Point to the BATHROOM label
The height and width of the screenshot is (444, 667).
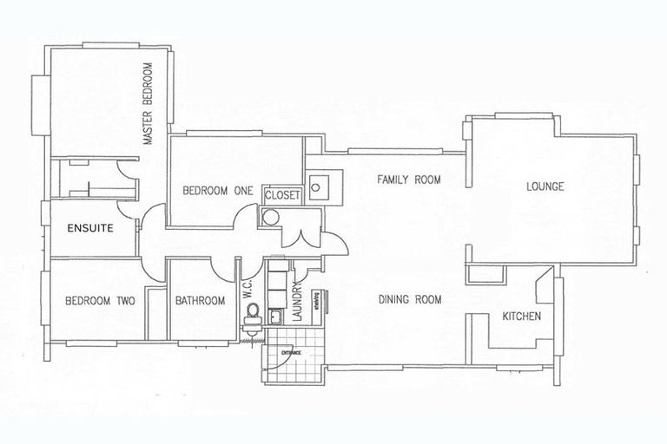point(200,302)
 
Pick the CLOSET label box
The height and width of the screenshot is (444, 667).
point(281,196)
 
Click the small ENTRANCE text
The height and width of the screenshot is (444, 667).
point(290,352)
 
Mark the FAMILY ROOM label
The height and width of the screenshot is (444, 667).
point(408,180)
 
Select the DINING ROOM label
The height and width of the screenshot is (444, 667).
point(410,300)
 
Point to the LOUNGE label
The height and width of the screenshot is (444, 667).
point(545,186)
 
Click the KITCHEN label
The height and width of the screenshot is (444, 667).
point(523,317)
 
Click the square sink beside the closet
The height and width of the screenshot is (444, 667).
point(320,184)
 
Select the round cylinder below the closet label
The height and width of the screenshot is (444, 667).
point(270,218)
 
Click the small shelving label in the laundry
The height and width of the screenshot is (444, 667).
point(318,300)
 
